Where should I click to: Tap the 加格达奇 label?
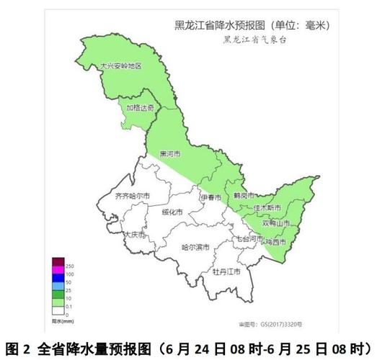click(140, 108)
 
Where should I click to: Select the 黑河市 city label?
click(170, 154)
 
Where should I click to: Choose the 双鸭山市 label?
click(276, 224)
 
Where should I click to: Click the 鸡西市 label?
click(274, 242)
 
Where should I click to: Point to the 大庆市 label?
click(134, 235)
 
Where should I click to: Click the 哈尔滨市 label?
click(195, 247)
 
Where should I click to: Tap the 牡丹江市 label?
click(226, 272)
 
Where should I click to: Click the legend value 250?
click(70, 266)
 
